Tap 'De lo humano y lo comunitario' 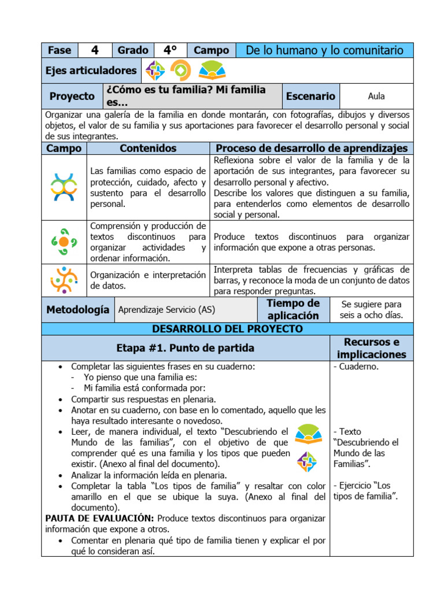pos(324,50)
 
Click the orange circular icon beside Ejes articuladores pos(180,71)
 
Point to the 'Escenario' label pos(310,97)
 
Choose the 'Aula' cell pos(376,97)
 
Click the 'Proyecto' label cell pos(72,97)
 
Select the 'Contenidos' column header pos(147,149)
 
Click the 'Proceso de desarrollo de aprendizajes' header pos(312,149)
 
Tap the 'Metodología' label pos(77,310)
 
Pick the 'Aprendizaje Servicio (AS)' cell pos(166,310)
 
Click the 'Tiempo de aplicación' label pos(293,310)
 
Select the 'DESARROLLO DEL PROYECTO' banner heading pos(227,329)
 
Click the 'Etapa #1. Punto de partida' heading pos(185,349)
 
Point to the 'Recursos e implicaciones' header pos(372,349)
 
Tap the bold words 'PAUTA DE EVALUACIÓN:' pos(99,518)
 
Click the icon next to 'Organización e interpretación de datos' pos(64,280)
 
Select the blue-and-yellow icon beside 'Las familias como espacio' pos(64,187)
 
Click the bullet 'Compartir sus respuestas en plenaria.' pos(143,399)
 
